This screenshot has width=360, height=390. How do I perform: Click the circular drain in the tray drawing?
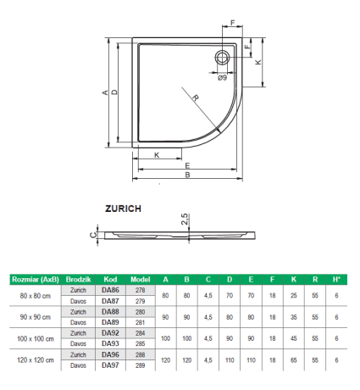point(223,58)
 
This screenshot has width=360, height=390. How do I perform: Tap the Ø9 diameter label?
point(223,77)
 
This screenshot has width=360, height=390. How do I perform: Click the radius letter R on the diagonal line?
point(195,97)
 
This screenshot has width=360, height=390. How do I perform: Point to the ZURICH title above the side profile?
point(123,209)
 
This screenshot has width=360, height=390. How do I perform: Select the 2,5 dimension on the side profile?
point(185,219)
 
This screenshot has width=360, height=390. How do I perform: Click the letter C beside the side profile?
point(93,235)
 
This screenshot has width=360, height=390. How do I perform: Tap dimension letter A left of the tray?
point(105,92)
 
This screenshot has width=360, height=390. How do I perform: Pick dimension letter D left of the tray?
point(114,92)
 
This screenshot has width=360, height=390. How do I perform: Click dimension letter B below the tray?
point(187,175)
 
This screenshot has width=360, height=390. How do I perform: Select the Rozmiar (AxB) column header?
point(36,280)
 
